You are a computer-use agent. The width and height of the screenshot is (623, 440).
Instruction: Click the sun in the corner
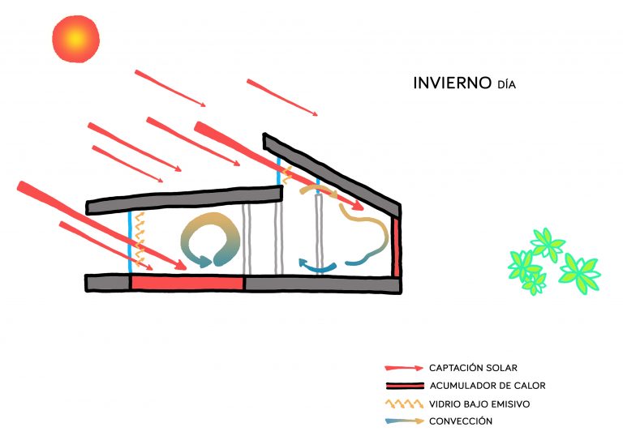(75, 38)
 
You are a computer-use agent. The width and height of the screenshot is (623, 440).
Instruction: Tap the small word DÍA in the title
(506, 84)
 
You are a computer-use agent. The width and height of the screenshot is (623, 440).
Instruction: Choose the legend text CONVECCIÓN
(462, 421)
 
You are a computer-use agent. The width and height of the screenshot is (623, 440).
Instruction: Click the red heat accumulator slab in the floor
(188, 283)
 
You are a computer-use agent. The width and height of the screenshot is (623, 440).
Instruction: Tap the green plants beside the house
(552, 261)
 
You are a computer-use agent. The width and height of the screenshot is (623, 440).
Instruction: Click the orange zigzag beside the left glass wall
(140, 239)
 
